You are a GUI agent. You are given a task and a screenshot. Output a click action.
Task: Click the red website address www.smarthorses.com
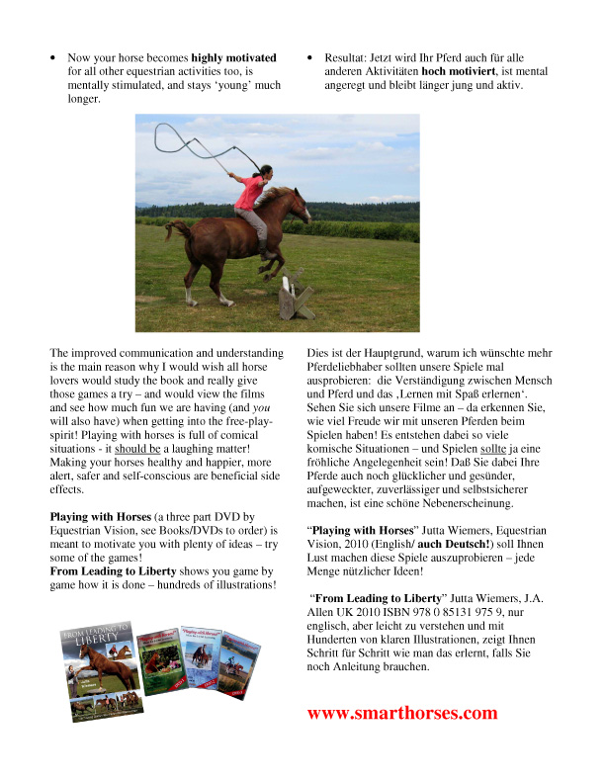click(x=402, y=713)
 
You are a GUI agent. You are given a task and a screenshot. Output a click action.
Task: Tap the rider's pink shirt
click(x=251, y=194)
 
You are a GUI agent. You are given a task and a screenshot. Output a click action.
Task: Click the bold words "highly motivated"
click(x=234, y=58)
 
